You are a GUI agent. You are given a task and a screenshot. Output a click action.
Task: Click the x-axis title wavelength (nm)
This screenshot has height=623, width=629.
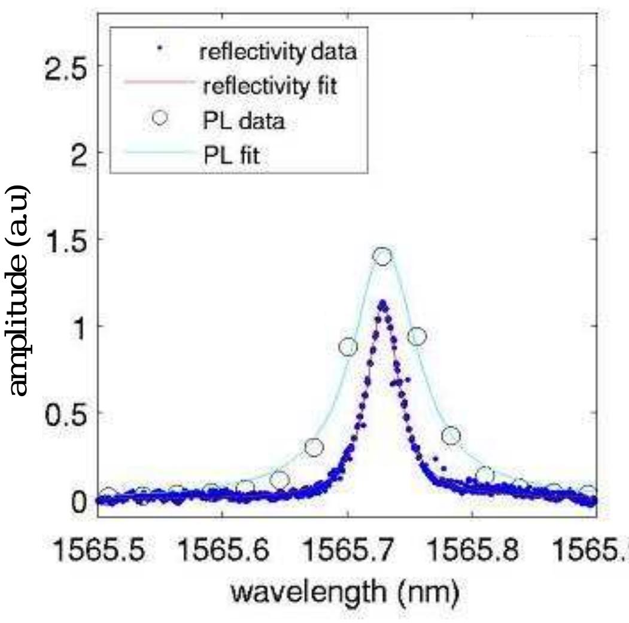pos(347,594)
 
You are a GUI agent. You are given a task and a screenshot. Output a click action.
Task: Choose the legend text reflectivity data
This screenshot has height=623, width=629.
pos(278,52)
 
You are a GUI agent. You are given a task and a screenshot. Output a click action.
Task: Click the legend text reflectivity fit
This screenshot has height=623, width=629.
pos(269,87)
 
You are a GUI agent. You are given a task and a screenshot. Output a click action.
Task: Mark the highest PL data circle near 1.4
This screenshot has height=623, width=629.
pos(382,257)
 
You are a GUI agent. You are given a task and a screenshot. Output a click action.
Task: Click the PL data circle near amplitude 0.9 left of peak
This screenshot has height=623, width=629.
pos(348,347)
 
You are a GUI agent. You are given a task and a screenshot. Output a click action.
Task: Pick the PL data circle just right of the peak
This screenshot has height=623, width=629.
pos(417,337)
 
